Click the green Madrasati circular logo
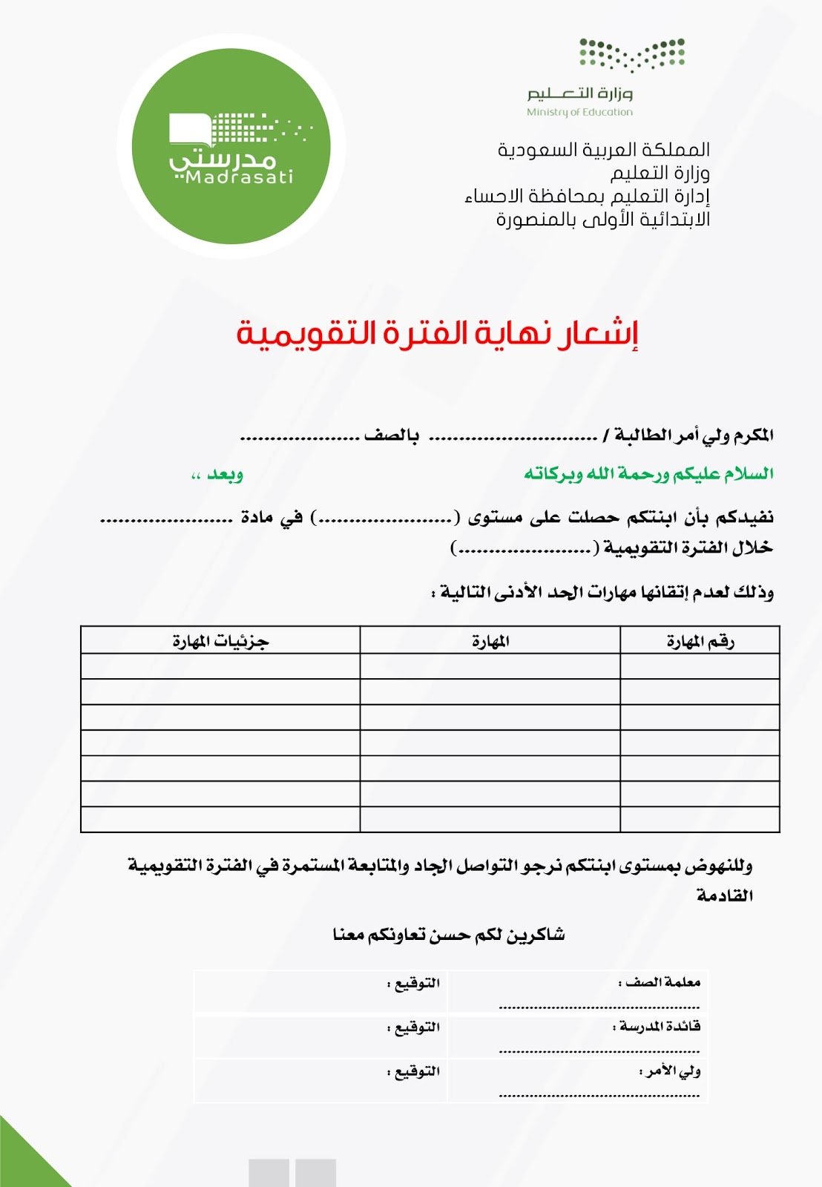point(231,146)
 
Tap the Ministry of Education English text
point(579,112)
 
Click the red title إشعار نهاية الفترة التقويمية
point(438,334)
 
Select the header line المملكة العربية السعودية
point(603,150)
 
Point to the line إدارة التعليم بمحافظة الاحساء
point(587,197)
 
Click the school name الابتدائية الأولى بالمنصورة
point(602,220)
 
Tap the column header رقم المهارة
point(700,641)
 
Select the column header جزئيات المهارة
point(220,641)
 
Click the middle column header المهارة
point(490,641)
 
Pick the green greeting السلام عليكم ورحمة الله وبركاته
point(648,474)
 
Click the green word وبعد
point(224,474)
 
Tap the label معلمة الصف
point(662,982)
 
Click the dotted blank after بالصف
point(300,438)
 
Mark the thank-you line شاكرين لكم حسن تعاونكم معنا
point(448,935)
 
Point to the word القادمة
point(725,896)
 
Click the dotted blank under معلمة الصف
point(599,1007)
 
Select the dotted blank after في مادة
point(166,520)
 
